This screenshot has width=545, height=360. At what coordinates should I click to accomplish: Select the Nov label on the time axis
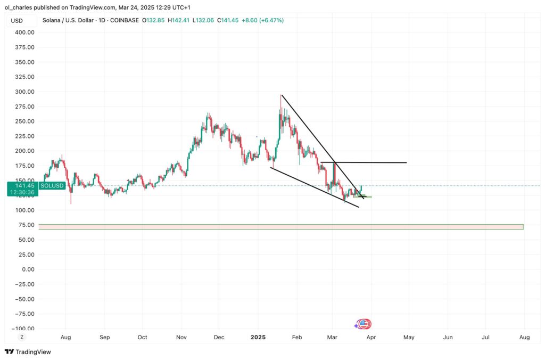click(x=181, y=337)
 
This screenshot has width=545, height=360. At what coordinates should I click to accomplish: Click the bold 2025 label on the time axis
click(x=258, y=337)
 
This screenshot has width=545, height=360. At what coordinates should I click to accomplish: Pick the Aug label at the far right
click(x=524, y=337)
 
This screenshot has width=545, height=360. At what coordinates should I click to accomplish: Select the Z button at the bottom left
click(x=22, y=337)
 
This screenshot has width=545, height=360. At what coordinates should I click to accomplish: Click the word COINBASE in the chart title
click(x=125, y=20)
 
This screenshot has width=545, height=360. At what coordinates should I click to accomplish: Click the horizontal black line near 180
click(x=373, y=162)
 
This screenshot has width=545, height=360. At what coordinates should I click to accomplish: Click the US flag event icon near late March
click(x=364, y=324)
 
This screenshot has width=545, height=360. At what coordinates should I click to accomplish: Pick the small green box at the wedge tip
click(x=362, y=197)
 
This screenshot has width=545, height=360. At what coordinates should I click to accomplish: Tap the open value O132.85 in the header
click(x=154, y=20)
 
